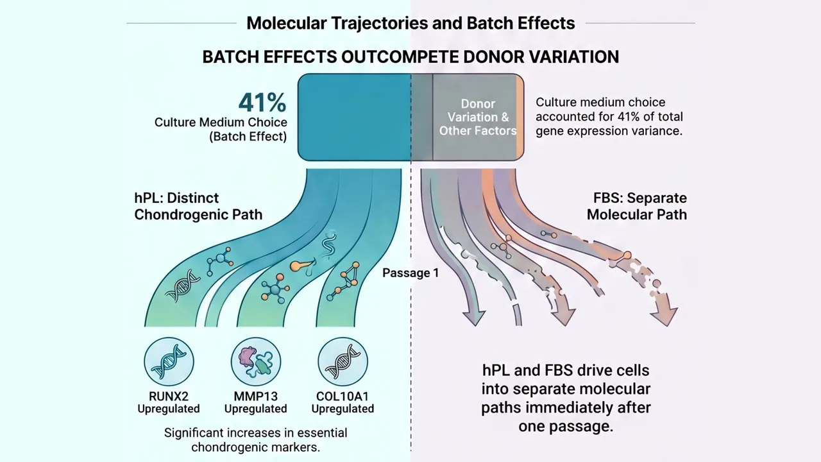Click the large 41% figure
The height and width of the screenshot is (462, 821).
click(262, 103)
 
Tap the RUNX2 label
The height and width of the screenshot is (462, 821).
click(169, 397)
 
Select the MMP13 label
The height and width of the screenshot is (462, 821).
click(256, 397)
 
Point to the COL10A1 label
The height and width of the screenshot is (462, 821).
click(343, 397)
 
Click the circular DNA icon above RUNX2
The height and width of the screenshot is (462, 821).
click(169, 362)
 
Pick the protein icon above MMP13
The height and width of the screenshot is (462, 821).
click(256, 362)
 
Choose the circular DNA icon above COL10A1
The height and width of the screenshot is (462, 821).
click(343, 362)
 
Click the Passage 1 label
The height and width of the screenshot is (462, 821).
click(410, 273)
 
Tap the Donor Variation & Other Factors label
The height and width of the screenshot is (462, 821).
click(478, 117)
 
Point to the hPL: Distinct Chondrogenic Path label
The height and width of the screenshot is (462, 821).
click(198, 206)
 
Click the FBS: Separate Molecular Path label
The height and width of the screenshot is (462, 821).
click(637, 206)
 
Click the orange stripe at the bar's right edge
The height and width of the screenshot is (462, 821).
click(520, 117)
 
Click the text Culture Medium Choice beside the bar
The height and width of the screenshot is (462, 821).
click(221, 123)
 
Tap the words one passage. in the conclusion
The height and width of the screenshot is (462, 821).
click(566, 427)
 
